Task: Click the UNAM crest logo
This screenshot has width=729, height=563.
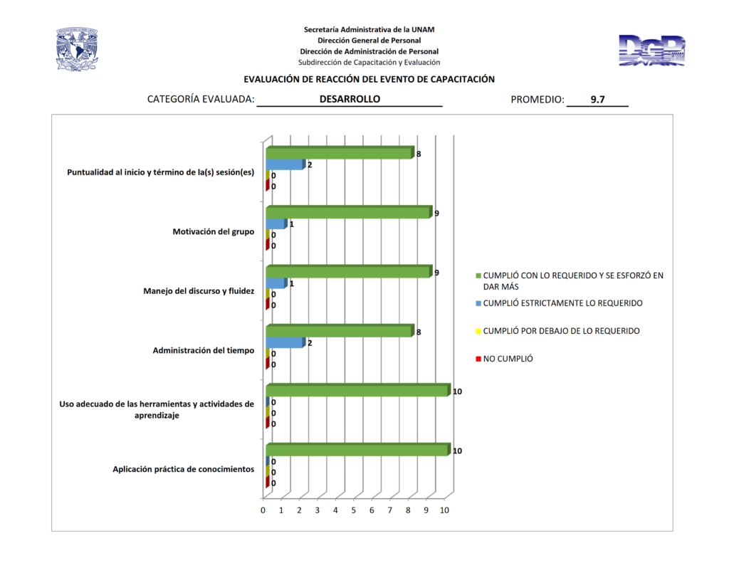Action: tap(76, 49)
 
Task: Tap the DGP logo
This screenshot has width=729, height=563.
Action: tap(652, 51)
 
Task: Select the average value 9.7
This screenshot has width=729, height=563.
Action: tap(597, 100)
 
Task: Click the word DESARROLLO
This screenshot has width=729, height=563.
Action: tap(350, 99)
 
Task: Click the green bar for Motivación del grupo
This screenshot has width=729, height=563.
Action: tap(349, 212)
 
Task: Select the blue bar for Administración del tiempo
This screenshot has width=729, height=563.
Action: tap(285, 342)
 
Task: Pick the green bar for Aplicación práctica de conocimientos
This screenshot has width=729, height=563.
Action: tap(357, 450)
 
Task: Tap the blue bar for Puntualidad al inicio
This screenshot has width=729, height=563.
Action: tap(285, 164)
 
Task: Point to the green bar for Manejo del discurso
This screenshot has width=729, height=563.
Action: tap(349, 272)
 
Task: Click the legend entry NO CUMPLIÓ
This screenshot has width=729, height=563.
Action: tap(508, 359)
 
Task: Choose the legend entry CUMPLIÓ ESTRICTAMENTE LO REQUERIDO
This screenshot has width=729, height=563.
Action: tap(562, 303)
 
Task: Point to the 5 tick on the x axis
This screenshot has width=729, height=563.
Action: tap(354, 510)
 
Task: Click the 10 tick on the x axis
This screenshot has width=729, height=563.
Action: tap(445, 510)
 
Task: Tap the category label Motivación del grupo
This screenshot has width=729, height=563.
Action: tap(214, 231)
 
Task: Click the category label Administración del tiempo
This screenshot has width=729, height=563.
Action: tap(204, 350)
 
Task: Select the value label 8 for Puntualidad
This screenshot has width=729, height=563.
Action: tap(419, 154)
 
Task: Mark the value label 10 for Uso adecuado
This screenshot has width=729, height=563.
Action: tap(458, 391)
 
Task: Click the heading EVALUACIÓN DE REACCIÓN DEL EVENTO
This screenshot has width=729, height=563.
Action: tap(369, 79)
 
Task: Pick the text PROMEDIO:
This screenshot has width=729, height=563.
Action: tap(537, 100)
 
